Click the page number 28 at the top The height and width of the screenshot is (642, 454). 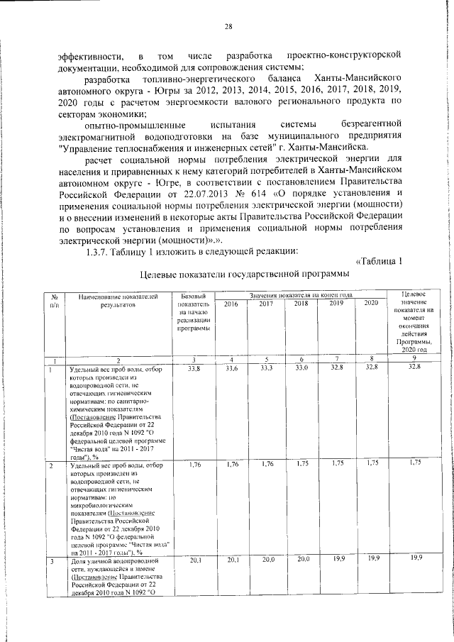228,27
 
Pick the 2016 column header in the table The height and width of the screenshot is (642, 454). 231,304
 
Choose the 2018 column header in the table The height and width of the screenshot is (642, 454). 301,304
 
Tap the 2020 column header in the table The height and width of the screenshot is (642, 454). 370,304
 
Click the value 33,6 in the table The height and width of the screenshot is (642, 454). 231,370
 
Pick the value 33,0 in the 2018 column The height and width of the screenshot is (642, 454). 301,370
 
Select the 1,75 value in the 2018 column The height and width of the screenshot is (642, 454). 301,464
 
